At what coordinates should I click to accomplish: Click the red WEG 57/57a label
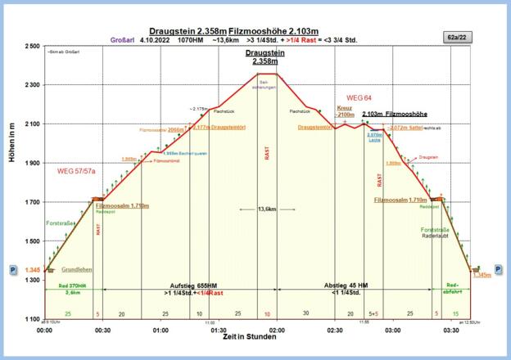[76, 172]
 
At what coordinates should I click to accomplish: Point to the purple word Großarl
[120, 38]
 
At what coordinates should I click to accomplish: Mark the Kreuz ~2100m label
[345, 111]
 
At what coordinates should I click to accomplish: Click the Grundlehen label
[76, 268]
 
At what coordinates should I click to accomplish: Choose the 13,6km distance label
[266, 209]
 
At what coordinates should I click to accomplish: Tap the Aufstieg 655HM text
[194, 286]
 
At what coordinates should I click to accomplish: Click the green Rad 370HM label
[72, 286]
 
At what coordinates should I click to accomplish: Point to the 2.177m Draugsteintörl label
[220, 127]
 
